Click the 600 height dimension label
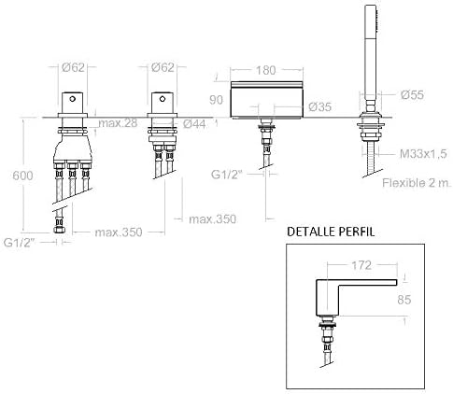click(x=22, y=176)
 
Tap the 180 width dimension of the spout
click(x=266, y=70)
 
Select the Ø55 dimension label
click(x=412, y=94)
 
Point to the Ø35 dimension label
click(x=320, y=106)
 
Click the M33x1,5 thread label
click(x=423, y=153)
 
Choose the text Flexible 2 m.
click(x=417, y=183)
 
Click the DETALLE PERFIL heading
click(x=331, y=232)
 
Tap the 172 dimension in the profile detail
click(x=361, y=265)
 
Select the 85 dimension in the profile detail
click(x=404, y=300)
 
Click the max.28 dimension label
click(x=118, y=123)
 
